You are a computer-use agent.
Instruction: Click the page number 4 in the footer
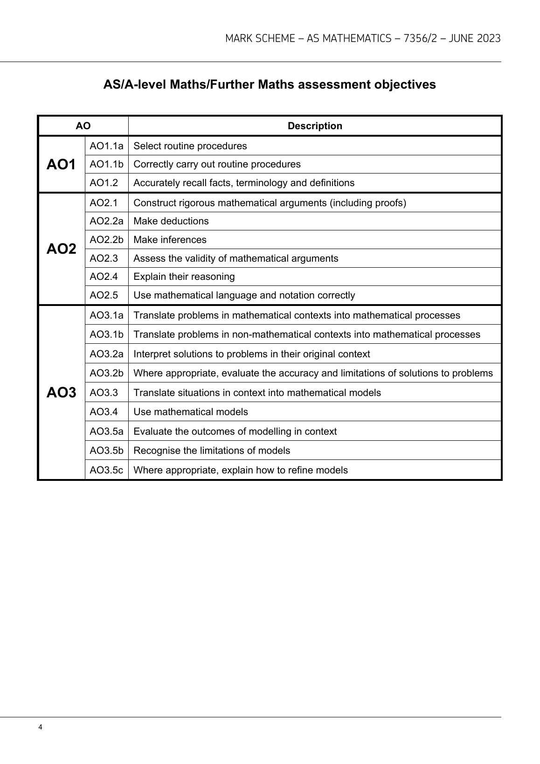click(41, 727)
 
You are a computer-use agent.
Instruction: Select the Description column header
click(315, 126)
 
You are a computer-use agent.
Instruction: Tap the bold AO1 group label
click(61, 164)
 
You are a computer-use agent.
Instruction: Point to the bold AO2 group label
click(61, 249)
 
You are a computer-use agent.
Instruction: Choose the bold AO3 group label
click(61, 393)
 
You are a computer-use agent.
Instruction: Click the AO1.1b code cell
click(106, 164)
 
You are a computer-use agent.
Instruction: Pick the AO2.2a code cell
click(106, 221)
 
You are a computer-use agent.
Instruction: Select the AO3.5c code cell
click(106, 470)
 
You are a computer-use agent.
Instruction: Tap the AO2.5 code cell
click(104, 295)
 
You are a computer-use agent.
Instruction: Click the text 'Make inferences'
click(170, 240)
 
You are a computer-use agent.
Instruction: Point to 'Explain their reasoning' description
click(184, 277)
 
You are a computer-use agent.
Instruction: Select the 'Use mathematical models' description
click(191, 412)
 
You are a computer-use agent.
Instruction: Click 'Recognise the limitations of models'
click(212, 451)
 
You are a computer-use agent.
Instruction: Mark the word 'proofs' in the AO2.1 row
click(390, 203)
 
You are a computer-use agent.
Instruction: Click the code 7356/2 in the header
click(420, 39)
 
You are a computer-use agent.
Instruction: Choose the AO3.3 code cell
click(104, 393)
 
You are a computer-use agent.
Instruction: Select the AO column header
click(83, 126)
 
